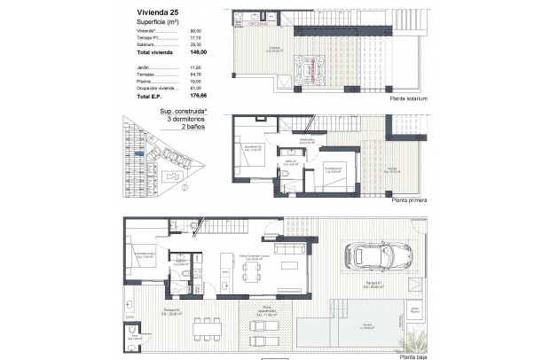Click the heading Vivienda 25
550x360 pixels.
coord(158,12)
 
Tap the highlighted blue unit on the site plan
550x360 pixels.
coord(138,154)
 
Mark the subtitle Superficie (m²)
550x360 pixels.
coord(161,23)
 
